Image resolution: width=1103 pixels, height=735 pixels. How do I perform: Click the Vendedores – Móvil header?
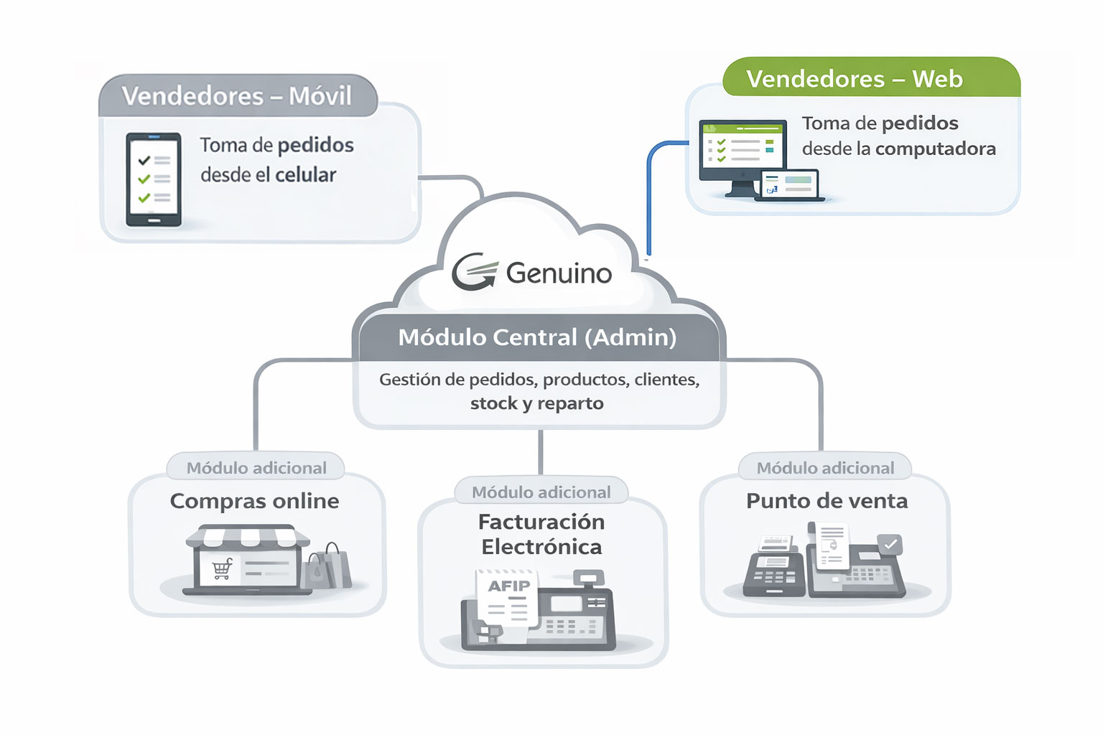(x=237, y=95)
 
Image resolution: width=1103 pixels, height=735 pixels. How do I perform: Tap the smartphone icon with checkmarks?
(x=154, y=179)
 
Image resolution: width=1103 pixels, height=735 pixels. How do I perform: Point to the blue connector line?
(x=649, y=194)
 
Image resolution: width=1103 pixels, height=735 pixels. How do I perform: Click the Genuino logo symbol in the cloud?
(x=474, y=272)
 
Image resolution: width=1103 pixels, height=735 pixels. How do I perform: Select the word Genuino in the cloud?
(x=559, y=273)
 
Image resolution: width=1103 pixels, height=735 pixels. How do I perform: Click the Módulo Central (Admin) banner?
(x=537, y=337)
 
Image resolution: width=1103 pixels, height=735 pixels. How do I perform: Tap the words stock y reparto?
(x=536, y=403)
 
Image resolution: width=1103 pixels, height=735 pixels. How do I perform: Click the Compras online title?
(x=254, y=501)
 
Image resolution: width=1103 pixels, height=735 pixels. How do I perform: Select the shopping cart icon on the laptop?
(x=222, y=568)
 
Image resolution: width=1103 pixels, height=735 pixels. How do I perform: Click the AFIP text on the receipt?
(x=508, y=586)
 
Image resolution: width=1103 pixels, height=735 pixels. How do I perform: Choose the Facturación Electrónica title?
(x=541, y=534)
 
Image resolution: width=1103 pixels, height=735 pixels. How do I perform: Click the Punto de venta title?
(x=827, y=501)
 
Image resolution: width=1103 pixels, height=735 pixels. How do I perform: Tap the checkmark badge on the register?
(x=890, y=545)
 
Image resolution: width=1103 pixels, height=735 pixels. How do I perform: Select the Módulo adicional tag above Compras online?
(x=256, y=468)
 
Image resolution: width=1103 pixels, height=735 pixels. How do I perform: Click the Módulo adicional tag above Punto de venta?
(x=825, y=468)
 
